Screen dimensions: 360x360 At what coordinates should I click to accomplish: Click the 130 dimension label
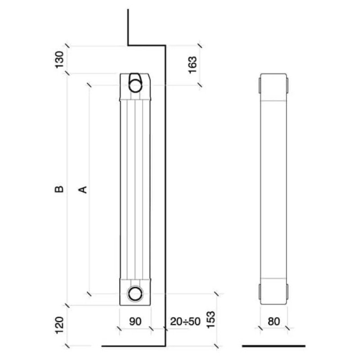59,60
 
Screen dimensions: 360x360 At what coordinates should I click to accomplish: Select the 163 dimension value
193,65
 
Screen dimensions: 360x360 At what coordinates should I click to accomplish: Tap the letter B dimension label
59,189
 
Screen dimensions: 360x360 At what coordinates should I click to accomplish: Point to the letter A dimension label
83,189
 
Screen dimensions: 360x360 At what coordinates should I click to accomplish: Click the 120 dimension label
59,325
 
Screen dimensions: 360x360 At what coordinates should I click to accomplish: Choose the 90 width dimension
135,321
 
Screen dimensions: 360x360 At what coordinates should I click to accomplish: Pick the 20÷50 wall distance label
185,321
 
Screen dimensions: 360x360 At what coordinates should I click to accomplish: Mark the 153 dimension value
211,319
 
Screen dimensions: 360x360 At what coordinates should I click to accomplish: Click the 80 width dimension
274,321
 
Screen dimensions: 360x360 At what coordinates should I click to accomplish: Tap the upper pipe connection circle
135,85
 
